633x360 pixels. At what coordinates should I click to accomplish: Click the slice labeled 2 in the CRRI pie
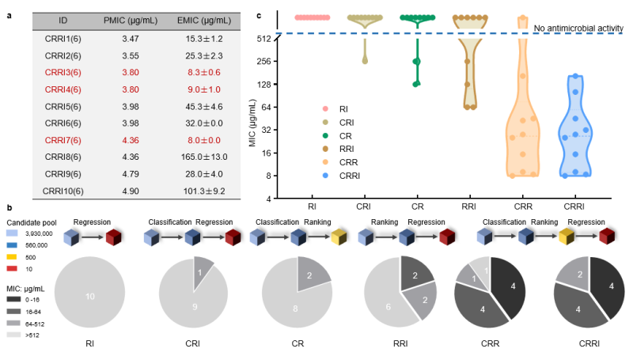point(567,275)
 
